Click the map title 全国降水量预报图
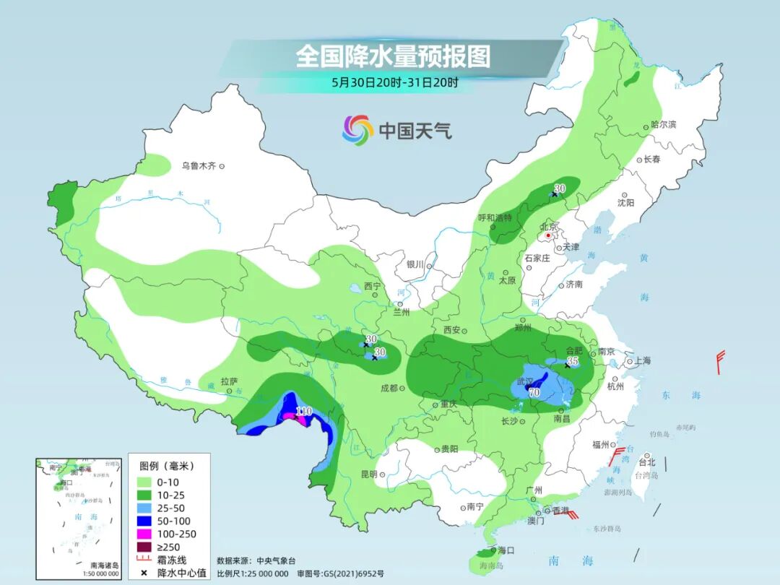point(393,56)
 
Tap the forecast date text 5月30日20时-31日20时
point(394,82)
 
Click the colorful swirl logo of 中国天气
point(357,130)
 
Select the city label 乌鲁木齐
point(199,166)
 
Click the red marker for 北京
point(549,235)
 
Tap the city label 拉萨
point(228,381)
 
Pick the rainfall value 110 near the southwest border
point(303,411)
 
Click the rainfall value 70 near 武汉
point(534,393)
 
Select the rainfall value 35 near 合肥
point(573,360)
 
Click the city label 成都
point(389,388)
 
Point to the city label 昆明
point(368,474)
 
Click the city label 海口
point(506,550)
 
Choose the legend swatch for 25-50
point(143,507)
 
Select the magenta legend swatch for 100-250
point(143,534)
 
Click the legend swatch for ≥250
point(143,547)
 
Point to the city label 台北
point(646,462)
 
